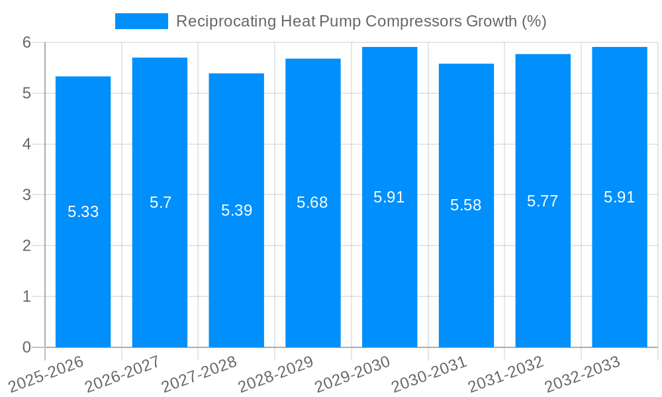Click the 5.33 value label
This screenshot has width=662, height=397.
point(83,212)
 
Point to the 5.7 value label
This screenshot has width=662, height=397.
point(160,202)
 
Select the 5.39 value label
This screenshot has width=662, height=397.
point(236,210)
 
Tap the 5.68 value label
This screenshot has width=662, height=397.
point(312,202)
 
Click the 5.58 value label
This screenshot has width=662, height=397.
point(466,205)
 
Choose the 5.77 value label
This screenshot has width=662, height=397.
point(543,201)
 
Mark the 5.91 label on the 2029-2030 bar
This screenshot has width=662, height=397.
point(389,197)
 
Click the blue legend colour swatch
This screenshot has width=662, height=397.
point(141,21)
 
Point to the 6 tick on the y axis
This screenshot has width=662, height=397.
point(27,42)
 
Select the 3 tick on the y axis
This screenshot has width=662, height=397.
point(27,195)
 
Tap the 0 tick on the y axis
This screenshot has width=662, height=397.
point(27,347)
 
